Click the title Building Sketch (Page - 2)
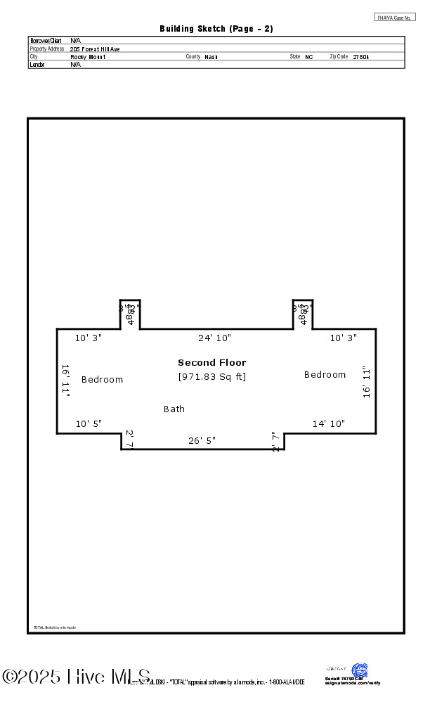pos(216,29)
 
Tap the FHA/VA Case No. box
pos(395,17)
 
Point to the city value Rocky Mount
pos(88,57)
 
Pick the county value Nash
pos(211,57)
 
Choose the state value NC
pos(309,57)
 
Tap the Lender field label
pos(37,65)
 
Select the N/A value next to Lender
pos(75,65)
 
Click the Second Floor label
pos(211,363)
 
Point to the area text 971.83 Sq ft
pos(211,376)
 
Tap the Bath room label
pos(174,409)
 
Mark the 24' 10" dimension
pos(214,338)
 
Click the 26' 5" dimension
pos(202,441)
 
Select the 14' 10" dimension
pos(328,423)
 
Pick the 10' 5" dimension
pos(89,423)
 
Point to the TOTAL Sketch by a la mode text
pos(54,627)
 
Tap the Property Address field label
pos(47,49)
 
